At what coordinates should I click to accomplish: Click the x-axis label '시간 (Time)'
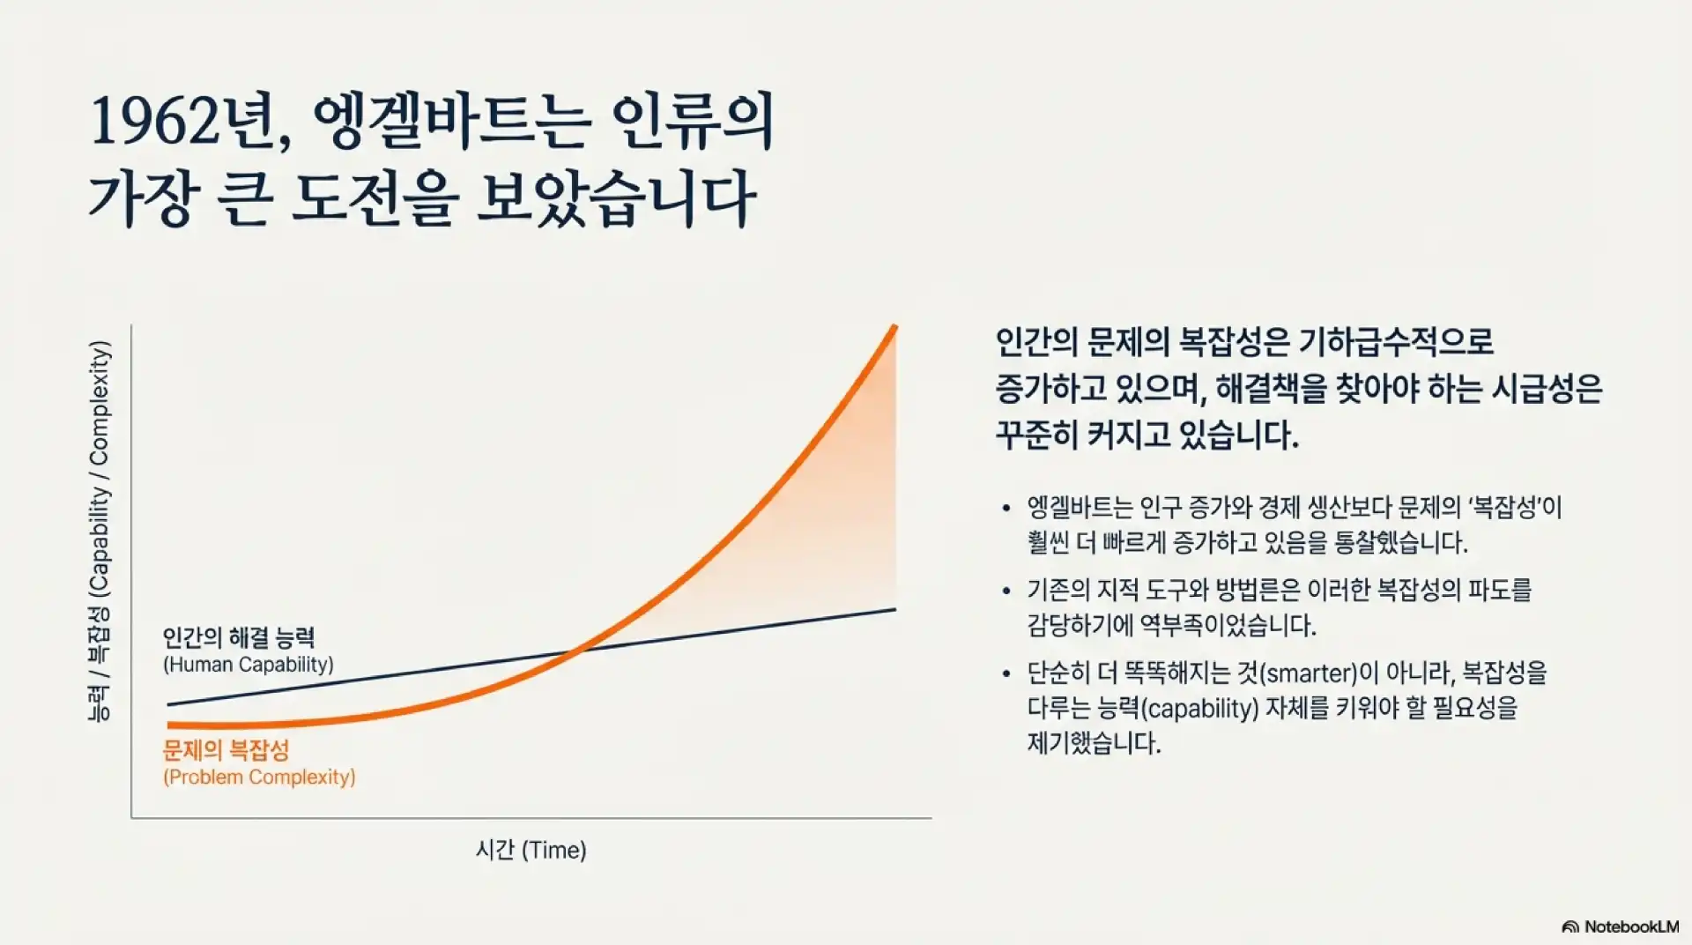[531, 850]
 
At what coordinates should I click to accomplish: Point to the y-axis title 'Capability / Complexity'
[100, 467]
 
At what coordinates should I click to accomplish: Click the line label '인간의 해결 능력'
[239, 637]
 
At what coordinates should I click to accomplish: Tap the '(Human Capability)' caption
[249, 665]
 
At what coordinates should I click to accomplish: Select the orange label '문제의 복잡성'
[226, 750]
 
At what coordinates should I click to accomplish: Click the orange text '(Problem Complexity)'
[259, 777]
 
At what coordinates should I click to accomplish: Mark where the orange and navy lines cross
[576, 651]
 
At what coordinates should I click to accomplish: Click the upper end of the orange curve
[894, 329]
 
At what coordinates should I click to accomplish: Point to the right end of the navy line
[894, 609]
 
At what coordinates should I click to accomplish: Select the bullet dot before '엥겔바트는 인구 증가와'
[1006, 509]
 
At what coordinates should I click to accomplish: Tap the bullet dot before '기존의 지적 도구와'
[1006, 591]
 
